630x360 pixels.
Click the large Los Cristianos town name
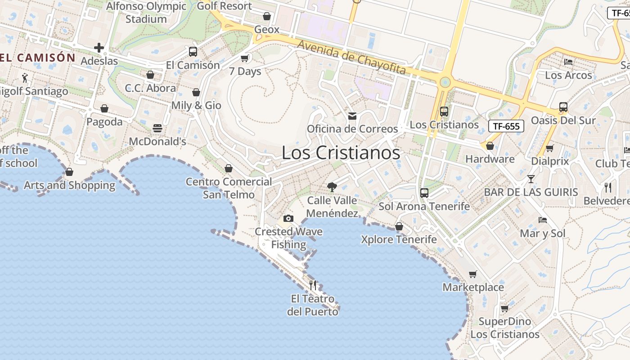(341, 153)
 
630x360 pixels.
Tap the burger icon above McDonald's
(157, 128)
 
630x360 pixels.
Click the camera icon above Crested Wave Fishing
(288, 219)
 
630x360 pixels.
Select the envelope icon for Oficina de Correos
(352, 116)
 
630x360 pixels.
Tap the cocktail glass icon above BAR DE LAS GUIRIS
(531, 179)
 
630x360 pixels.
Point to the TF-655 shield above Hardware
(506, 126)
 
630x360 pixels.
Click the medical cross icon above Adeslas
(99, 48)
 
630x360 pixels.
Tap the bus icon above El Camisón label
(193, 52)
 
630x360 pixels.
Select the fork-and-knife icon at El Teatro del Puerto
(313, 285)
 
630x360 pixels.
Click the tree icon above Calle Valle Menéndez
(332, 187)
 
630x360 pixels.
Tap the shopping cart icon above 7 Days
(245, 58)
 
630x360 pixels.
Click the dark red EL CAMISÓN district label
(38, 58)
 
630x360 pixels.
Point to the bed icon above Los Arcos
(568, 62)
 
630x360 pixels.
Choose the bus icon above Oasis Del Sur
(563, 107)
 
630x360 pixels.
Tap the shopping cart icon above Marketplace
(472, 274)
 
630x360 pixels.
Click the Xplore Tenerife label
(399, 239)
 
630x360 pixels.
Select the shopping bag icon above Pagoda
(104, 108)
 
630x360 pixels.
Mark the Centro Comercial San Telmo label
(229, 188)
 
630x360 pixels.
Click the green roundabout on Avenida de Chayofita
(445, 82)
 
